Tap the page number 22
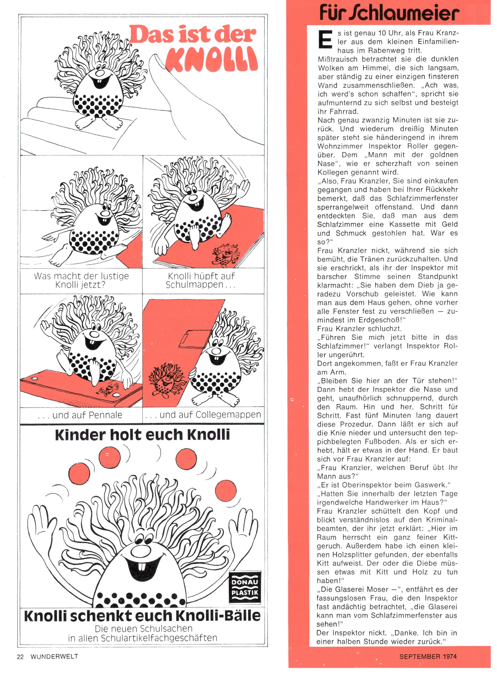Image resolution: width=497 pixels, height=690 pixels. point(20,657)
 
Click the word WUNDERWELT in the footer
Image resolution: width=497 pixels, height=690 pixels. point(54,657)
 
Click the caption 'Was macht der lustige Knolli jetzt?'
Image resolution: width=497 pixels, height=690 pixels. point(81,280)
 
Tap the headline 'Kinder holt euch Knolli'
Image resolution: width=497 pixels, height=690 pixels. point(142,434)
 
